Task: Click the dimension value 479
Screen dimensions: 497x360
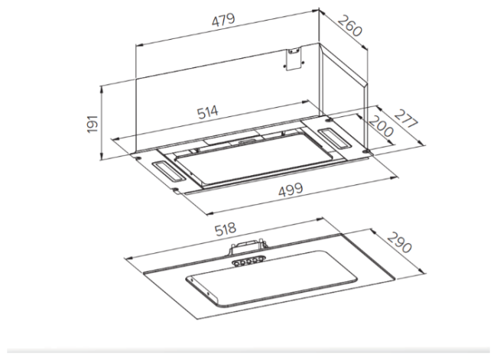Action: (x=223, y=20)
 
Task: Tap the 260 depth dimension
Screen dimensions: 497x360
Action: (x=349, y=26)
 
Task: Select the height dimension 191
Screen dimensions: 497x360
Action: (x=93, y=124)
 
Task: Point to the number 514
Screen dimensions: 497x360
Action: (x=208, y=112)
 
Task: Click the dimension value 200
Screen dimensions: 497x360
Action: (x=381, y=126)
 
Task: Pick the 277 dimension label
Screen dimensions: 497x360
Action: (x=407, y=119)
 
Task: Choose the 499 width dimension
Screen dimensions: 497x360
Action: (x=291, y=190)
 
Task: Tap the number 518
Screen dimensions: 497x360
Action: (x=226, y=229)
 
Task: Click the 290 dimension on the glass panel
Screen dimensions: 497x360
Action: (x=399, y=242)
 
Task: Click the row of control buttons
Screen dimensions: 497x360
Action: (x=248, y=261)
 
